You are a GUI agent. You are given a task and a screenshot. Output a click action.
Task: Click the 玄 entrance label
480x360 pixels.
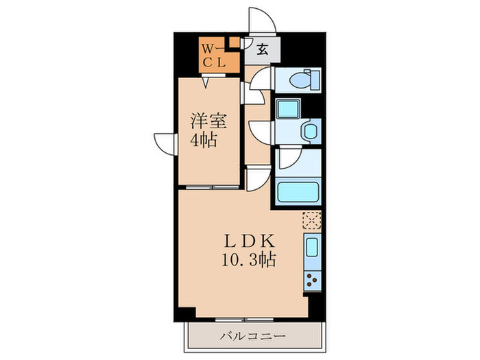(x=263, y=49)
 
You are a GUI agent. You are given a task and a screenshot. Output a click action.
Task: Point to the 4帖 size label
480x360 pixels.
(x=204, y=142)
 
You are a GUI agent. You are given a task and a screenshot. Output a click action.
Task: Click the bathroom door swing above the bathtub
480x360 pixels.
(x=288, y=161)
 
